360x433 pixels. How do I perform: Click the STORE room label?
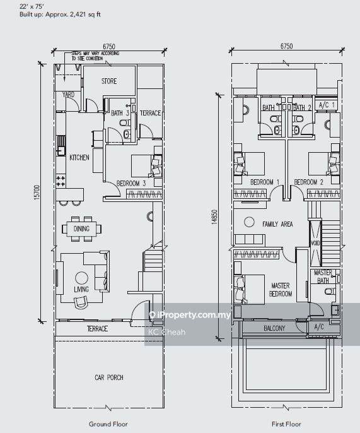[x=109, y=81]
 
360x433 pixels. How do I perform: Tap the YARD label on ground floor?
[x=68, y=95]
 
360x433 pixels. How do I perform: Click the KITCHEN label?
[x=79, y=158]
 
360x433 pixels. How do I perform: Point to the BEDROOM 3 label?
[x=131, y=184]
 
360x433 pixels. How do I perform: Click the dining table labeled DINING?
[x=81, y=228]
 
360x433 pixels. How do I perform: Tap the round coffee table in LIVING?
[x=81, y=278]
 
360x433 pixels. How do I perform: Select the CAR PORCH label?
[x=108, y=377]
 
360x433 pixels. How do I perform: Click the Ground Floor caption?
[x=108, y=424]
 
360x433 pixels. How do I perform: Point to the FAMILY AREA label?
[x=277, y=224]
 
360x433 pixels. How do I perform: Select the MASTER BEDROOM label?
[x=281, y=290]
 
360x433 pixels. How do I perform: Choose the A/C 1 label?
[x=327, y=105]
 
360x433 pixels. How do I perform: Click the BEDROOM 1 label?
[x=265, y=182]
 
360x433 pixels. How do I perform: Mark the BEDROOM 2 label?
[x=309, y=182]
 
